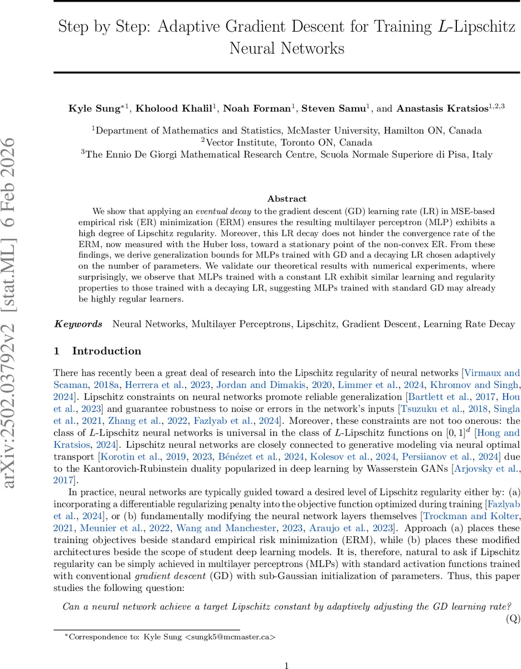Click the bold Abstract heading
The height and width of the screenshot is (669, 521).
pos(286,198)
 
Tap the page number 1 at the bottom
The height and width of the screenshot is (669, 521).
pos(286,650)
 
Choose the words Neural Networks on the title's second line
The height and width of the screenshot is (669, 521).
pos(286,49)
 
